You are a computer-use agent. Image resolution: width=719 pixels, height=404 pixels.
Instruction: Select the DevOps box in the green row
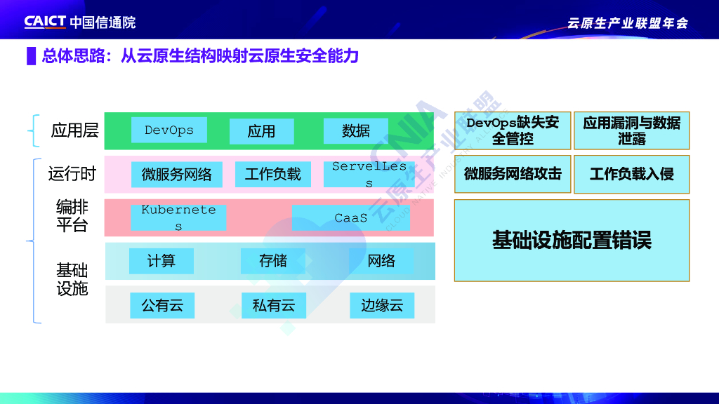point(169,130)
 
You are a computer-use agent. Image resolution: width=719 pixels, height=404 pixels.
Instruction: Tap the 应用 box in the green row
point(261,131)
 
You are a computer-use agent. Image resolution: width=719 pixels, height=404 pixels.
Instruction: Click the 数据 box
point(356,131)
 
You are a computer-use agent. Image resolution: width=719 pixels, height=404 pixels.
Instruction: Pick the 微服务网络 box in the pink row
point(176,175)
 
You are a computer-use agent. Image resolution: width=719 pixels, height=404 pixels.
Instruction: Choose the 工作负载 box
point(272,175)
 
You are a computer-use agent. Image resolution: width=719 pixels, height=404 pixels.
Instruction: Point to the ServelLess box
point(369,175)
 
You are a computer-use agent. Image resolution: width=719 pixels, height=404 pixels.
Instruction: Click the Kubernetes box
point(178,217)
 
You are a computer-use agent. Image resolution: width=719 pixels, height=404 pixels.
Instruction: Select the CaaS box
point(351,217)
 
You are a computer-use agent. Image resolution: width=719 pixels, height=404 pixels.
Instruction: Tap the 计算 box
point(161,261)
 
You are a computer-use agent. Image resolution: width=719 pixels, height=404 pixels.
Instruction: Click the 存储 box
point(273,261)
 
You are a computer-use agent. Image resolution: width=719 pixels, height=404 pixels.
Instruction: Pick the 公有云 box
point(162,305)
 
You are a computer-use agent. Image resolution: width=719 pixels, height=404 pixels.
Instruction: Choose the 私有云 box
point(274,305)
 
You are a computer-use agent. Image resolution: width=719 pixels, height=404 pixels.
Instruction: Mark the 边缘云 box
point(382,305)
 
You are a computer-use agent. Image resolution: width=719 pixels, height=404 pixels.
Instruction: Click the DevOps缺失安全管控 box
point(513,130)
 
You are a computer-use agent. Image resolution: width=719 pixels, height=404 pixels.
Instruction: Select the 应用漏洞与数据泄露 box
point(632,130)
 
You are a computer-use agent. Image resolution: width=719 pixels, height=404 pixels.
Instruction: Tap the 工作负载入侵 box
point(632,174)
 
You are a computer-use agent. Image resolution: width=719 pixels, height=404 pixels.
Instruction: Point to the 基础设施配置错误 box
point(572,241)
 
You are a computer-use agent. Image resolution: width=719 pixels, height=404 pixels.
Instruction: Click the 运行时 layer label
point(72,173)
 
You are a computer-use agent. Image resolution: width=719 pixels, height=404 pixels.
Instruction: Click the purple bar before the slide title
point(31,56)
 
